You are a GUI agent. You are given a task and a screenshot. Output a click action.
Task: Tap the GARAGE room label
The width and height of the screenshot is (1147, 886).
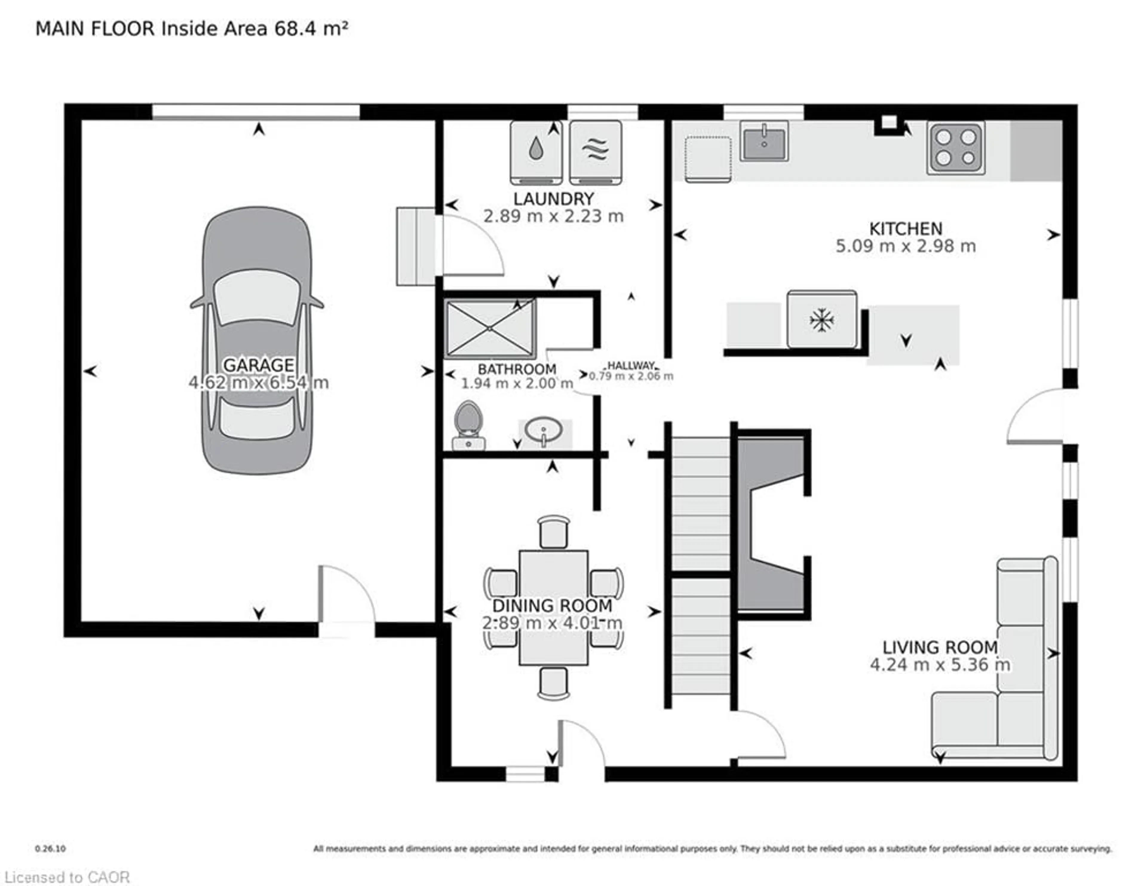coord(258,365)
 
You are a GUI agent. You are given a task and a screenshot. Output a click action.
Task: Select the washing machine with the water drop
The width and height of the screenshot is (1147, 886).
coord(536,152)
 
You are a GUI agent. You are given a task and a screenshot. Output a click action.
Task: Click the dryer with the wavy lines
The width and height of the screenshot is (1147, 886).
coord(596,152)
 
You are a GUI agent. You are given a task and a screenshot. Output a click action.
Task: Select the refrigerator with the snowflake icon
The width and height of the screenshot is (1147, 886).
coord(821,319)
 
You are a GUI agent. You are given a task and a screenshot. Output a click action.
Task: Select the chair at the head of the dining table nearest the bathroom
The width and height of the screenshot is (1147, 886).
coord(553,532)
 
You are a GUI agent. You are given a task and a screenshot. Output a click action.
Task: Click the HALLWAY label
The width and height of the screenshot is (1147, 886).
coord(631,365)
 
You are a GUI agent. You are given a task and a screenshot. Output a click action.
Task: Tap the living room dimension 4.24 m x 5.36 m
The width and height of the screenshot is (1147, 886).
coord(939,665)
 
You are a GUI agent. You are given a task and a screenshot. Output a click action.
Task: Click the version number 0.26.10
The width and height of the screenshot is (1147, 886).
coord(50,848)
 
